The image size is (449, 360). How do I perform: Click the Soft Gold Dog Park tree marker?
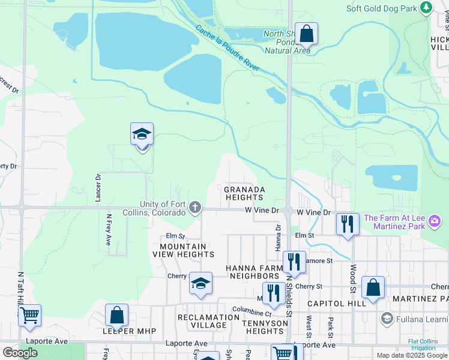coord(426,8)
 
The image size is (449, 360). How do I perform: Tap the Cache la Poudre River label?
coord(228,48)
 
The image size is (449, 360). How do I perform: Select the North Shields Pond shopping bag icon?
coord(306,34)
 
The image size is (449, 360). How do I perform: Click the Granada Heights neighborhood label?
coord(244,193)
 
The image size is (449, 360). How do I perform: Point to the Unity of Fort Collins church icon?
coord(194,208)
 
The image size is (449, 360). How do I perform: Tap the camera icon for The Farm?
coord(434,223)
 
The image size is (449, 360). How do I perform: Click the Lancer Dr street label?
coord(98,188)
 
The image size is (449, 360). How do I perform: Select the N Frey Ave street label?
coord(109,230)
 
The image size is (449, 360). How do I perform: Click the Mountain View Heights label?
coord(183,250)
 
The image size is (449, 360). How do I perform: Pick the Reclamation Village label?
coord(208,321)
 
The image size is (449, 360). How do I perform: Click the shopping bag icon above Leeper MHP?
coord(116,314)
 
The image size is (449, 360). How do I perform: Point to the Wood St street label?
coord(354,278)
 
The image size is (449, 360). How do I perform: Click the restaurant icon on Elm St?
coord(348,224)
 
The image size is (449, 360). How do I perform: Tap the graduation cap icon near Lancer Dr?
coord(142,134)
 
